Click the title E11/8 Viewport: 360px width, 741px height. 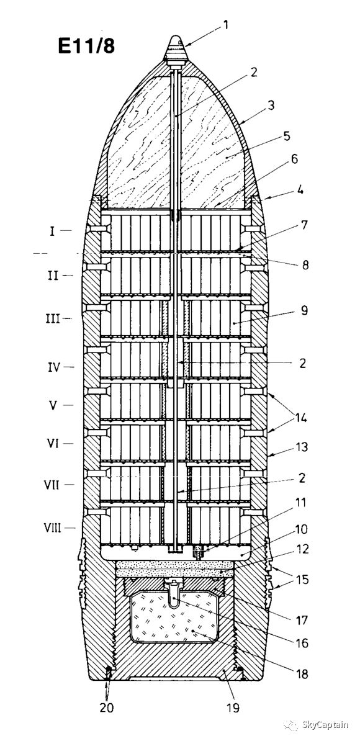(x=86, y=46)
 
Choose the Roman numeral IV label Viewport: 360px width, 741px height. (x=56, y=366)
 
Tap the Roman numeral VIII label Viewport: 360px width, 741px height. (x=53, y=527)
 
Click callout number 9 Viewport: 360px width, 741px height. (x=304, y=310)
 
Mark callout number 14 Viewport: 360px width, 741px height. (x=301, y=418)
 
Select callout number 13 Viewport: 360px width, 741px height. (x=301, y=447)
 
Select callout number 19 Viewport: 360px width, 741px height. (x=232, y=707)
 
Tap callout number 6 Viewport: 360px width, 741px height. (x=294, y=159)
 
